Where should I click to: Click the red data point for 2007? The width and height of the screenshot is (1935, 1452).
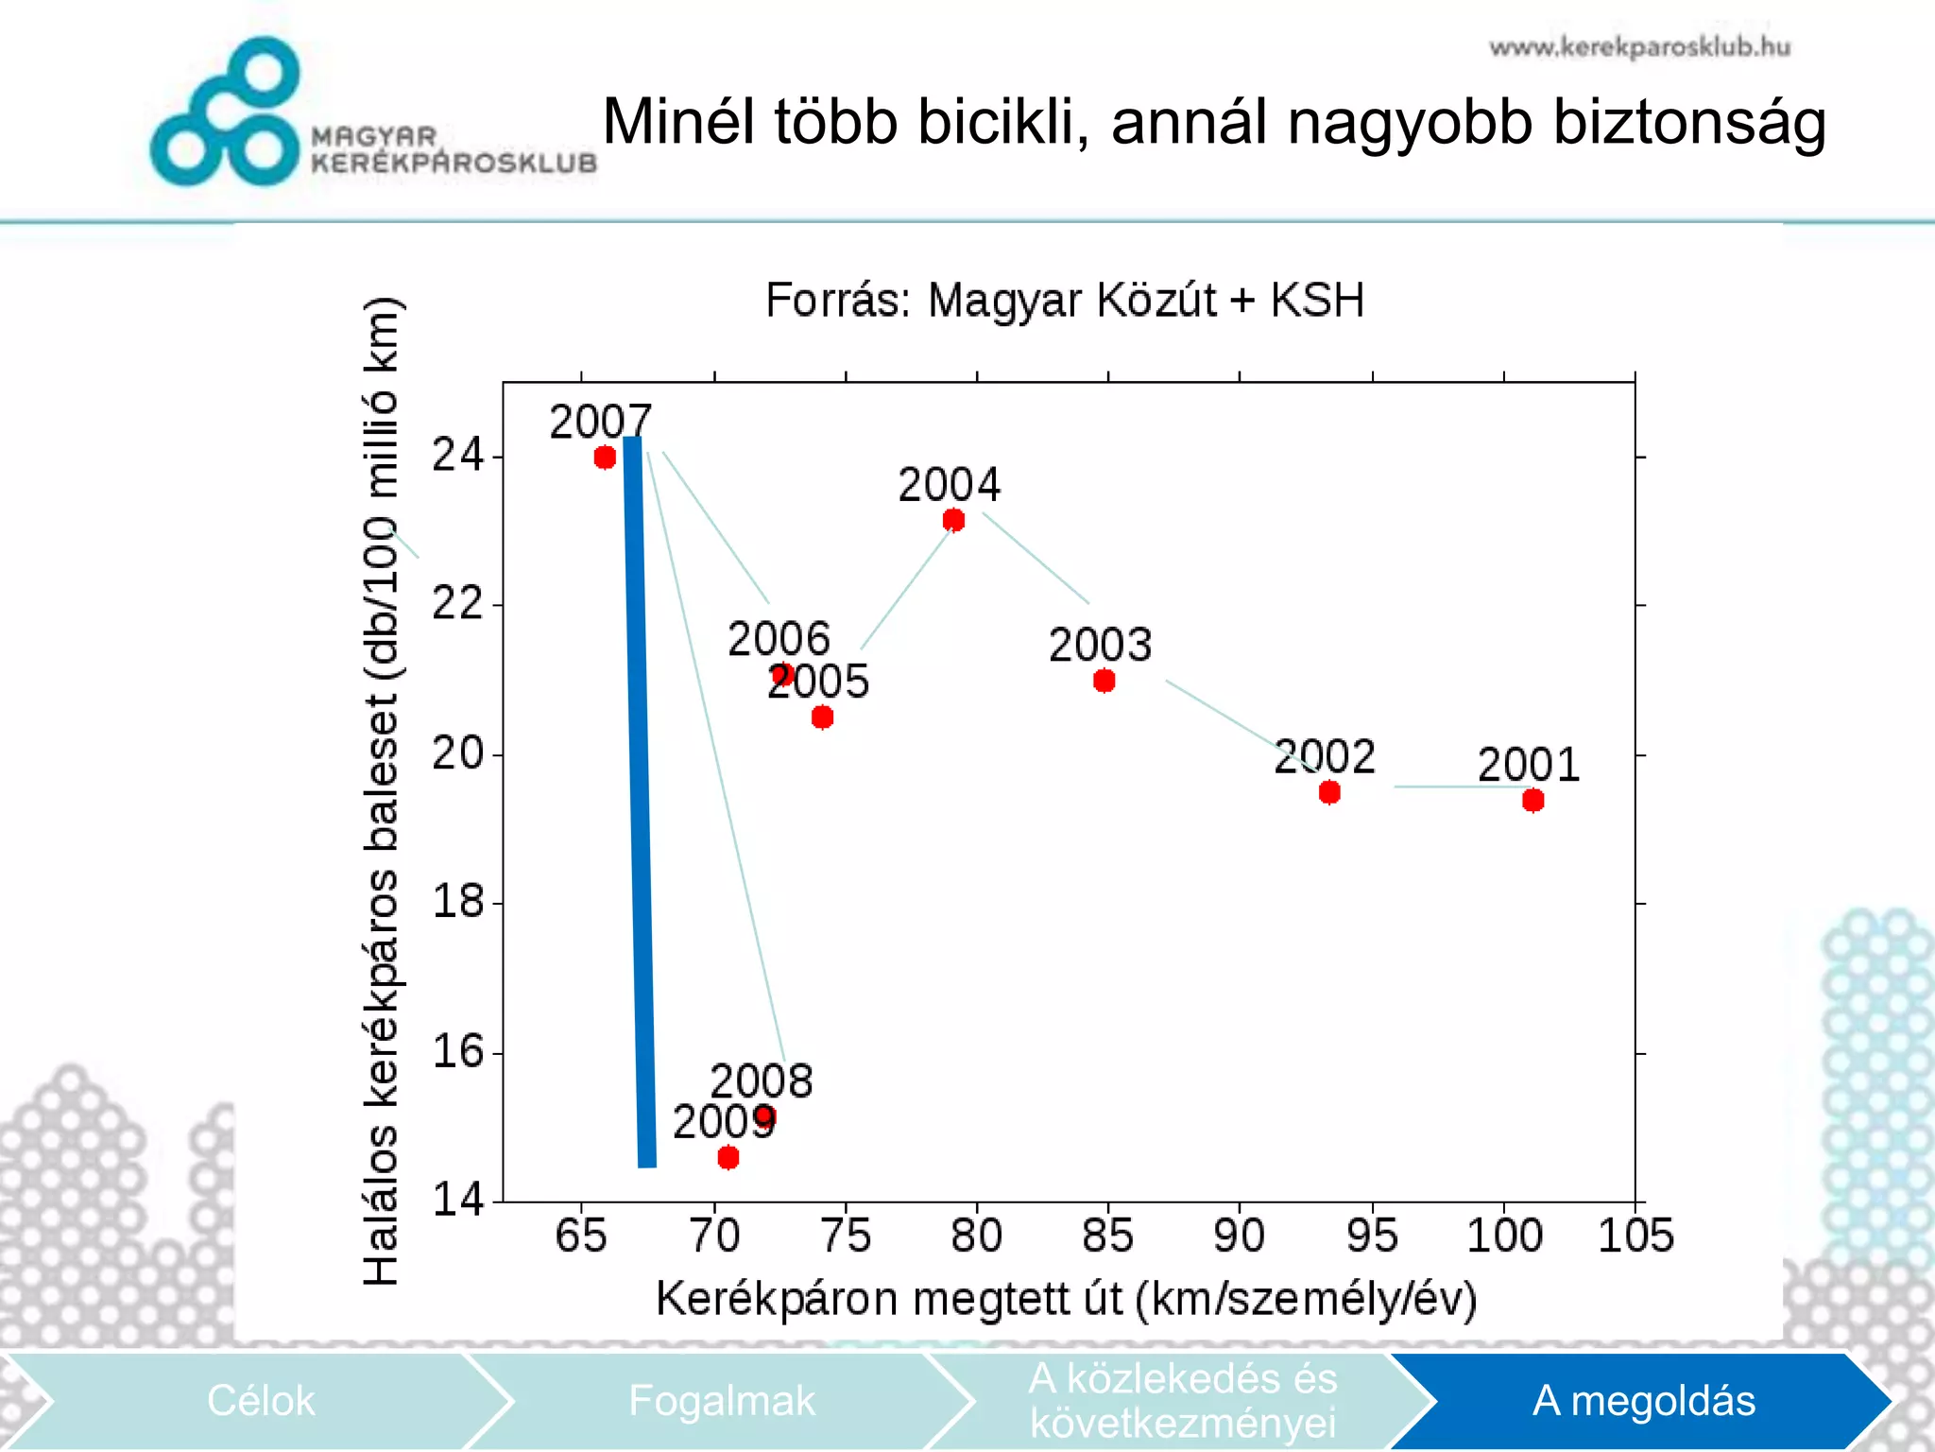coord(605,458)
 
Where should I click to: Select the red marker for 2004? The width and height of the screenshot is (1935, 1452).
coord(953,520)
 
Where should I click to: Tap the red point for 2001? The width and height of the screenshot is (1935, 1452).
coord(1533,801)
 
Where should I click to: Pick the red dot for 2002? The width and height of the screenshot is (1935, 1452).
coord(1329,792)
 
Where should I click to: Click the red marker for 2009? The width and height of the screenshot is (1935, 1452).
coord(728,1157)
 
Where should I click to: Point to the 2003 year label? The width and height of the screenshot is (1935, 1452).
coord(1100,646)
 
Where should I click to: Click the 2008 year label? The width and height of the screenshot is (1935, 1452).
coord(761,1080)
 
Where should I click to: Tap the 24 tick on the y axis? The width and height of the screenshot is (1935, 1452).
coord(457,456)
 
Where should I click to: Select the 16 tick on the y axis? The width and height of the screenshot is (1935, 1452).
coord(457,1051)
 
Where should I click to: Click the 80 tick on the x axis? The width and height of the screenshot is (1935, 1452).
coord(976,1236)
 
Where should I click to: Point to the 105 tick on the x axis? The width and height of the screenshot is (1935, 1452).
coord(1635,1236)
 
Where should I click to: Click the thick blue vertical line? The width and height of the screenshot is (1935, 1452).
coord(640,804)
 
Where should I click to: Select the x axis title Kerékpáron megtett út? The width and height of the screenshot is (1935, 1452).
coord(1066,1299)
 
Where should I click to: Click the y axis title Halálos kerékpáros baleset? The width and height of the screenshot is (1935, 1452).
coord(382,790)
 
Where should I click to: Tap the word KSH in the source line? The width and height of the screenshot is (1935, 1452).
coord(1316,301)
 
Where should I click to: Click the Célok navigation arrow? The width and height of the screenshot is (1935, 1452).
coord(260,1400)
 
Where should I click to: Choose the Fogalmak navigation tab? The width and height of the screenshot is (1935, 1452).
coord(721,1400)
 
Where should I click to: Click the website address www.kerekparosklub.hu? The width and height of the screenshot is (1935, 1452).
coord(1639,47)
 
